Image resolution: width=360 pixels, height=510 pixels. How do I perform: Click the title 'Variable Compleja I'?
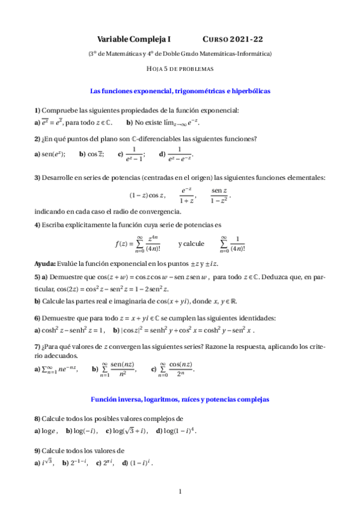(134, 39)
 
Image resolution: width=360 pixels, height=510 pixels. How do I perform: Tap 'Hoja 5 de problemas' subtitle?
(180, 69)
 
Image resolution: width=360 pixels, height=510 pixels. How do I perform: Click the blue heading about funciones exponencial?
(180, 91)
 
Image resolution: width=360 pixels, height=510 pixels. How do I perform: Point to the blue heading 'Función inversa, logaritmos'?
(180, 399)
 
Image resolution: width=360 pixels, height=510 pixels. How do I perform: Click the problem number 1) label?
(37, 110)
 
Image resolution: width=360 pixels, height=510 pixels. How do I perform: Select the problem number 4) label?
(37, 225)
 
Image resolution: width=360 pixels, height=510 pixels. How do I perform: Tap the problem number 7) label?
(37, 346)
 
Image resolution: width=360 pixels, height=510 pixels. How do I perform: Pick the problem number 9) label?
(37, 450)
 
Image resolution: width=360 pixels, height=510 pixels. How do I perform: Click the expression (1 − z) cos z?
(147, 195)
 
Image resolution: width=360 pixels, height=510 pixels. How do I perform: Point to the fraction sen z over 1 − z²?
(219, 195)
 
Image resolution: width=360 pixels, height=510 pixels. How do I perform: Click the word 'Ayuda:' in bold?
(44, 264)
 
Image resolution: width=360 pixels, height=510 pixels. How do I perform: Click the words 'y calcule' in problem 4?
(191, 244)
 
